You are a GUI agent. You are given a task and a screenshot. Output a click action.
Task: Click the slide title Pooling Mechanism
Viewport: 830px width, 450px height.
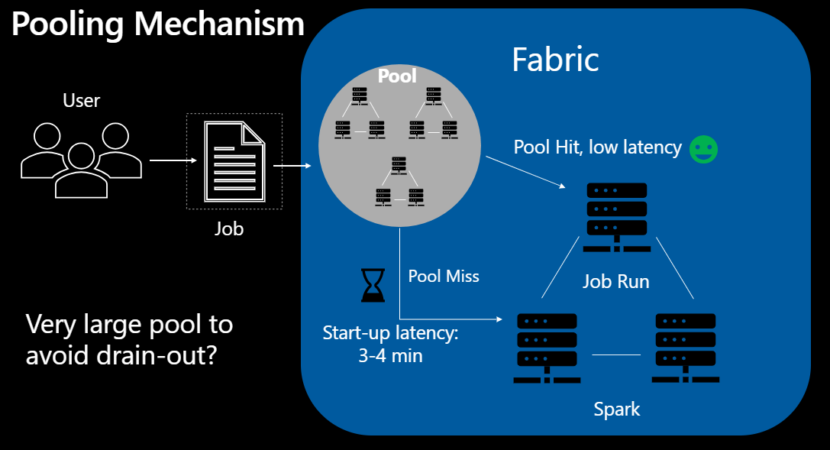pyautogui.click(x=157, y=24)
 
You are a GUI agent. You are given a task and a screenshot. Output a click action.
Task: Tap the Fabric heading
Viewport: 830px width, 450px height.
pyautogui.click(x=555, y=60)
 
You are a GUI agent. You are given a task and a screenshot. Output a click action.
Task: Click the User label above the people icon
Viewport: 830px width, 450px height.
pyautogui.click(x=82, y=100)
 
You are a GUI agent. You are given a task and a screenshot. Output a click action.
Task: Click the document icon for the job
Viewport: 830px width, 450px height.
pyautogui.click(x=234, y=161)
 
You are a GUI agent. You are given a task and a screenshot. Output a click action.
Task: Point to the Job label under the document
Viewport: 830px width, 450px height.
pyautogui.click(x=228, y=228)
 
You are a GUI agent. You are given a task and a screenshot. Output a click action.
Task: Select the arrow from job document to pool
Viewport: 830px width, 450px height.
pyautogui.click(x=292, y=165)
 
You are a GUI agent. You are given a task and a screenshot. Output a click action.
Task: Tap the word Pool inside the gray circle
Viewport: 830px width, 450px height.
pyautogui.click(x=398, y=76)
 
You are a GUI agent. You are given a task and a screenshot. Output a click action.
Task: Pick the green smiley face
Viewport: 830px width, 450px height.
pyautogui.click(x=703, y=149)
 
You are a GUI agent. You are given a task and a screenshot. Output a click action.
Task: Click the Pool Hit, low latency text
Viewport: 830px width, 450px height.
pyautogui.click(x=597, y=147)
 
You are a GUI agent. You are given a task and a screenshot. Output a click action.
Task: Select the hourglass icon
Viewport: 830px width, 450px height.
pyautogui.click(x=371, y=284)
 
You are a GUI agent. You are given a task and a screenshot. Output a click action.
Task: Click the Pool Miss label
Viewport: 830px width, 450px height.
pyautogui.click(x=444, y=276)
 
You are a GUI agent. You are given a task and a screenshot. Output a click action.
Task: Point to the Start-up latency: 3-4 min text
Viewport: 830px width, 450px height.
pyautogui.click(x=390, y=344)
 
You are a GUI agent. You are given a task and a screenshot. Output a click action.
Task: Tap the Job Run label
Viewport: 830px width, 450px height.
pyautogui.click(x=616, y=281)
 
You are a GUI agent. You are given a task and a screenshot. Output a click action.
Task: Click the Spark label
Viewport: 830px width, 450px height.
pyautogui.click(x=617, y=409)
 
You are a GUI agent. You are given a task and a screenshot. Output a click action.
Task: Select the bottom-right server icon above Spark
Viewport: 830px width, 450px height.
pyautogui.click(x=685, y=348)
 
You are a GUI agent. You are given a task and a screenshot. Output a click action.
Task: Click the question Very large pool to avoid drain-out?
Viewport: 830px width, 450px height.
pyautogui.click(x=129, y=339)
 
